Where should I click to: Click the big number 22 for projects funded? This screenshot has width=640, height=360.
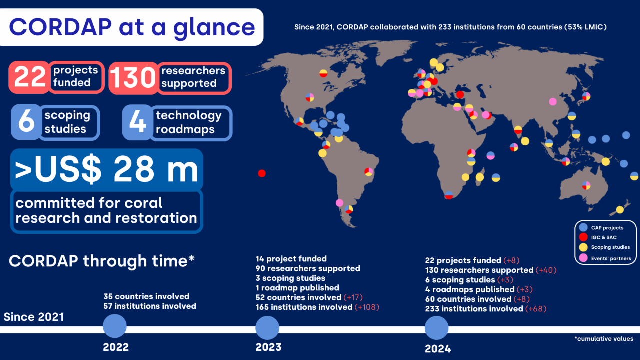tap(30, 77)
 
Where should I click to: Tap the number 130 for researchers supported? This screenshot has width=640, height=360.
tap(133, 77)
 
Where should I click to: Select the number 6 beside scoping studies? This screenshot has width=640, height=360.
tap(26, 122)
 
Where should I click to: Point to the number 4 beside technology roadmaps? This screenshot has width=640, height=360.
tap(136, 122)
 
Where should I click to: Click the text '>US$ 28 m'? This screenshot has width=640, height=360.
tap(107, 169)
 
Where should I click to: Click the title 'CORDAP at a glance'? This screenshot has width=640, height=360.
tap(132, 27)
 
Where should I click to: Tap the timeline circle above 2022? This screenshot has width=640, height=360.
tap(114, 327)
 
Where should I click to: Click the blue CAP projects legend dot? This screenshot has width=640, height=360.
tap(583, 228)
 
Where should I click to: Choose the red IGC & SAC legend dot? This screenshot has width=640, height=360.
tap(583, 237)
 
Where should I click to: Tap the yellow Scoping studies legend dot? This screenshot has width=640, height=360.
tap(583, 247)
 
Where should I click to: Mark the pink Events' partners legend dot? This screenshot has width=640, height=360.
tap(583, 258)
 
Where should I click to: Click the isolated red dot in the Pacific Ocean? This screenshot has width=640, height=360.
tap(261, 173)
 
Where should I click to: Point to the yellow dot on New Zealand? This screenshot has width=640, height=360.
tap(620, 209)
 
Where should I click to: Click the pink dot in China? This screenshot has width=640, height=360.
tap(552, 102)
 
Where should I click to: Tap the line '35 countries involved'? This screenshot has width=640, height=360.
tap(146, 296)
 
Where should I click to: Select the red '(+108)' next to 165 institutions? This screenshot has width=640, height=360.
tap(367, 307)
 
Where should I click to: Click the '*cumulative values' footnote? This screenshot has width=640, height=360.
tap(604, 339)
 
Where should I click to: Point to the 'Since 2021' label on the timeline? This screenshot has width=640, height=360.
tap(34, 317)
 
